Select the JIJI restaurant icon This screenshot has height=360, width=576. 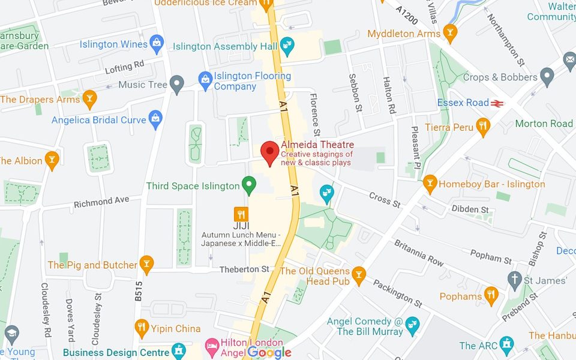(x=241, y=214)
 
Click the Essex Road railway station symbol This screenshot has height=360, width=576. (x=496, y=103)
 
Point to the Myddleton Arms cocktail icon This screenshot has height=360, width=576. (x=450, y=32)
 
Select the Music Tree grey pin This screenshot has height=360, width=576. (x=176, y=83)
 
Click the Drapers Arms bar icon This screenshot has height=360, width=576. (x=89, y=98)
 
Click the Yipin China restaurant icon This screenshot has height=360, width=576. (x=142, y=327)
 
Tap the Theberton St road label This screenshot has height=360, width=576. (x=244, y=269)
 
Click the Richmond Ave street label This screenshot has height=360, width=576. (x=101, y=202)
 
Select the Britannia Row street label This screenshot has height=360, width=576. (x=418, y=253)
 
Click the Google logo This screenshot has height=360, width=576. (x=269, y=352)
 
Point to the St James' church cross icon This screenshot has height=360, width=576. (x=514, y=279)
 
